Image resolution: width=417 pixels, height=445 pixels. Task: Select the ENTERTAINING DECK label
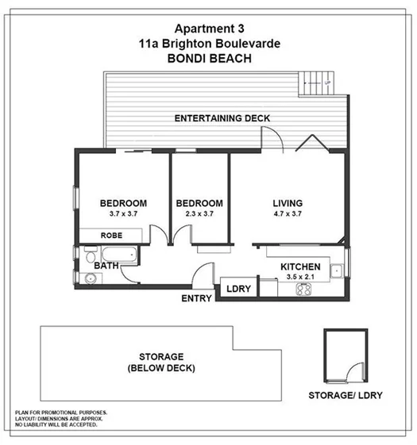tap(222, 118)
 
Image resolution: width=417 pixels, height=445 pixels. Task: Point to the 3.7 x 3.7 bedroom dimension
tap(123, 214)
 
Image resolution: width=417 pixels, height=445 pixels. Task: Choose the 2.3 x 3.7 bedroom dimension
tap(199, 214)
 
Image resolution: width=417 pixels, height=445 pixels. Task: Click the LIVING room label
tap(288, 202)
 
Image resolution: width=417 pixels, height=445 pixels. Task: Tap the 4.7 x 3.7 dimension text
tap(288, 214)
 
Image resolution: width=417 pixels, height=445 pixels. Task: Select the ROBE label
tap(111, 236)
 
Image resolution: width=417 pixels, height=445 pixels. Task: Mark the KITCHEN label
tap(300, 267)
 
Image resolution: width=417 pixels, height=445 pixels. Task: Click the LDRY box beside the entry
tap(239, 290)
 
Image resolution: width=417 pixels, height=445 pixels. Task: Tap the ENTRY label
tap(196, 298)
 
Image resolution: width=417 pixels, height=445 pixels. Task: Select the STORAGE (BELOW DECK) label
tap(160, 363)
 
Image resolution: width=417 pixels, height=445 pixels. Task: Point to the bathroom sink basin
tap(91, 278)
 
